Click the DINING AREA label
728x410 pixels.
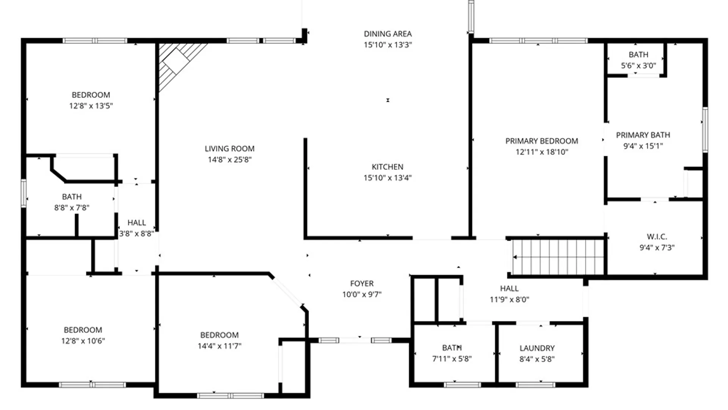coord(388,34)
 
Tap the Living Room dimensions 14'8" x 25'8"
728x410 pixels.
coord(229,159)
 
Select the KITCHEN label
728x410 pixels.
coord(387,167)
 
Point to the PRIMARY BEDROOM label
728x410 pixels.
coord(541,141)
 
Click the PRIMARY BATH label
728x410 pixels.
coord(643,135)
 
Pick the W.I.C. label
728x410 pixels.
coord(657,237)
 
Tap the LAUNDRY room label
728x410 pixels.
coord(537,348)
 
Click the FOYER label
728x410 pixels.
coord(362,283)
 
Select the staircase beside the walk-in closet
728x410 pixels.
coord(557,257)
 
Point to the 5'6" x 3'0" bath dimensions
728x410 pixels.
coord(638,65)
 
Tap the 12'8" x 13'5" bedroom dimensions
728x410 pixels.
coord(91,106)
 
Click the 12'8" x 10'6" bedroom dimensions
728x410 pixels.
coord(83,341)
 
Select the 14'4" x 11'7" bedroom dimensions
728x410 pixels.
coord(220,345)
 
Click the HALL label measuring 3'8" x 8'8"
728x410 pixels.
coord(136,222)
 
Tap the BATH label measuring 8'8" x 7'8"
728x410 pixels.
coord(72,197)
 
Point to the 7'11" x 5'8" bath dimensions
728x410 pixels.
coord(452,358)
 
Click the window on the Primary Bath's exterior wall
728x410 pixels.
coord(705,130)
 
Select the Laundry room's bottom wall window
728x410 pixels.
coord(535,385)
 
